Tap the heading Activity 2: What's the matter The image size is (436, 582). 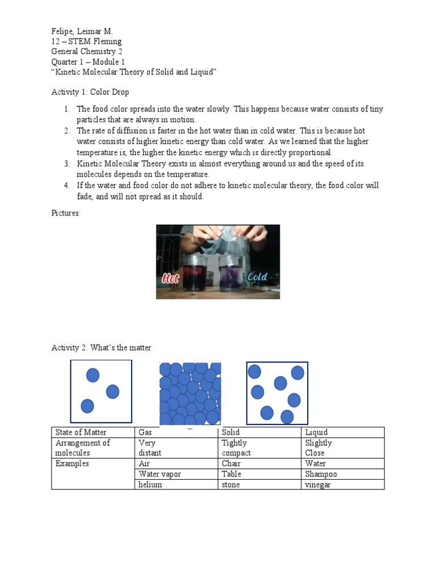102,348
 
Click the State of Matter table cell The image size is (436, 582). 79,433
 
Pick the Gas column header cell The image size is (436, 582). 146,433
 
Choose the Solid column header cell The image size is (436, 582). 231,433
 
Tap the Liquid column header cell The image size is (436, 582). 316,433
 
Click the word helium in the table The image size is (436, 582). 150,485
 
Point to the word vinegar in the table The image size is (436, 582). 318,485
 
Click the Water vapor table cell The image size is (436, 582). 160,474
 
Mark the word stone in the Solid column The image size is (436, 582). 231,485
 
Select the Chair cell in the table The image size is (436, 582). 231,464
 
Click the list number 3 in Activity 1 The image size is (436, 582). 66,164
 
